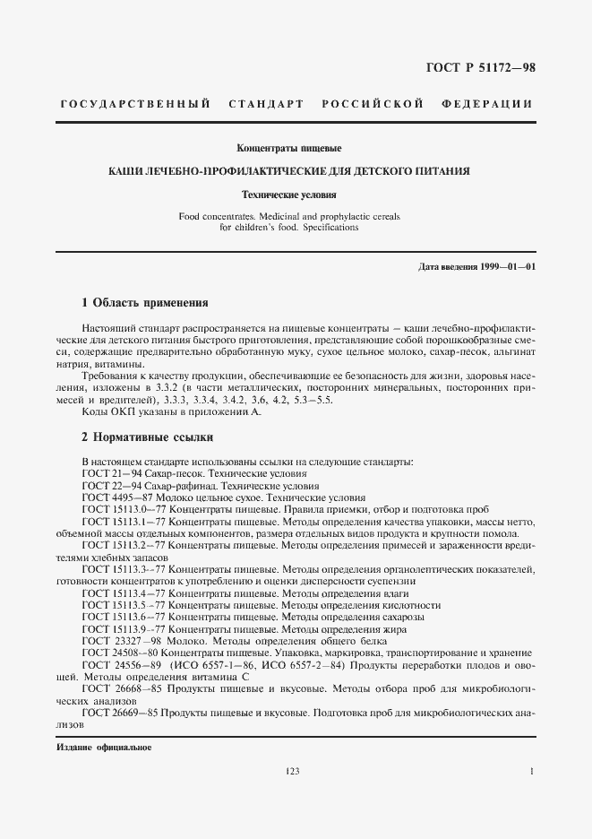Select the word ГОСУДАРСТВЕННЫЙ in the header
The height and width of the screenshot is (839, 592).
pos(135,105)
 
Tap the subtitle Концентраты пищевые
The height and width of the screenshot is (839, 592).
pos(288,147)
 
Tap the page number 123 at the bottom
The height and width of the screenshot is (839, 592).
pos(292,771)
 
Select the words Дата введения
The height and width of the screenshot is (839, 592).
pos(442,267)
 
